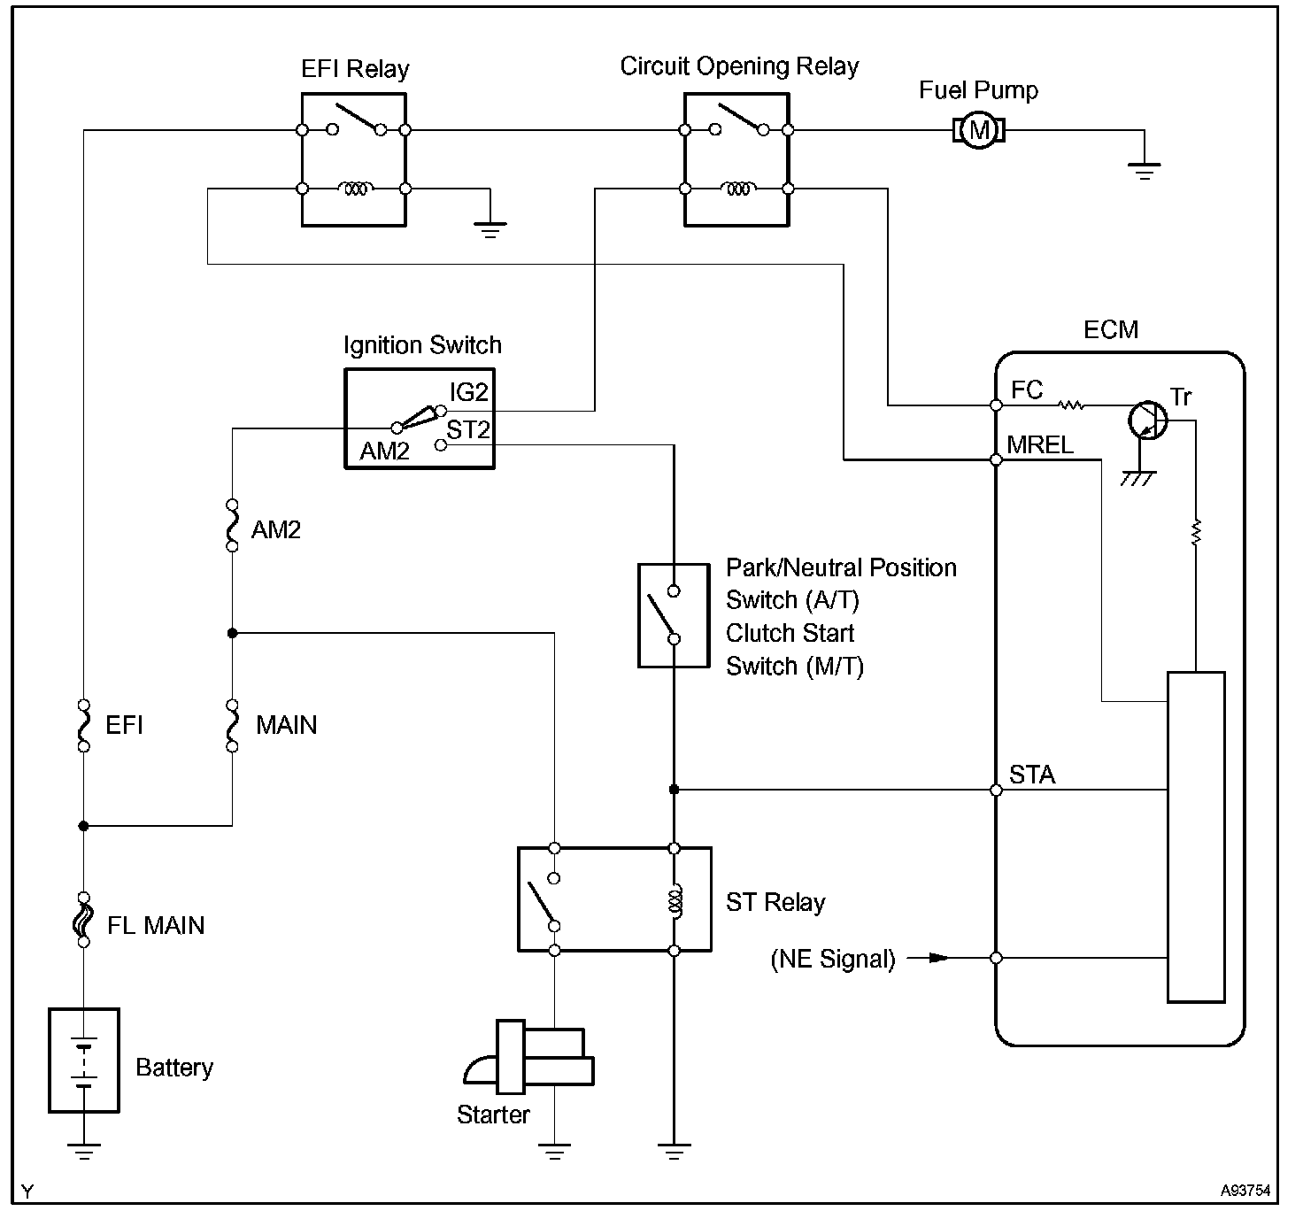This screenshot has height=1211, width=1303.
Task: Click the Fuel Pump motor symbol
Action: point(978,131)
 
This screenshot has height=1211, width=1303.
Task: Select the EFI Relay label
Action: point(355,69)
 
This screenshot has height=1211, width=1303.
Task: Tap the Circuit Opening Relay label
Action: point(739,66)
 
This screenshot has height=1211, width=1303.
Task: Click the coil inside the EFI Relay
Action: point(355,189)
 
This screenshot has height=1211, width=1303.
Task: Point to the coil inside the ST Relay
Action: point(675,900)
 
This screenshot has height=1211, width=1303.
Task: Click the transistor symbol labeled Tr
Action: point(1148,420)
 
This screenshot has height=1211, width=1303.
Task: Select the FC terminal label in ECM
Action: point(1027,390)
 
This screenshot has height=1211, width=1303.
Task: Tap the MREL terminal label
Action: point(1040,444)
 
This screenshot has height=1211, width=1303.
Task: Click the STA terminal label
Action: point(1032,775)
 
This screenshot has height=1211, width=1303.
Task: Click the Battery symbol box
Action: point(84,1060)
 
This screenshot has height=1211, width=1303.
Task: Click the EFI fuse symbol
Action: point(84,726)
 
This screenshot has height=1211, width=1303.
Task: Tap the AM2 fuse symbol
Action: point(232,526)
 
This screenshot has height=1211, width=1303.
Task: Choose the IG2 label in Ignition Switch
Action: point(469,391)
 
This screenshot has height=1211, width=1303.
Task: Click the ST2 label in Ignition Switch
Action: point(468,430)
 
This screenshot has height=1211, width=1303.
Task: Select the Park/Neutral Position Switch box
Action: point(674,615)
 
